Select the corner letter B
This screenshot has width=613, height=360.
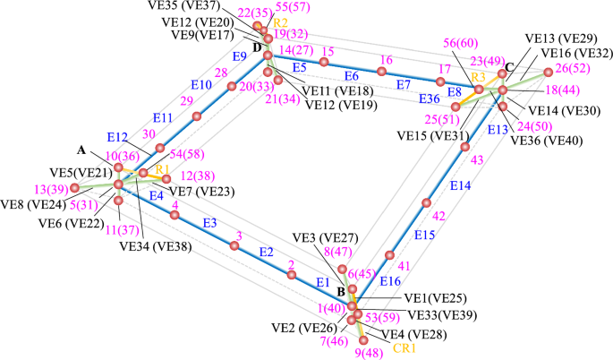[x=341, y=292]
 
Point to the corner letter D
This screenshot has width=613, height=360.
[x=258, y=47]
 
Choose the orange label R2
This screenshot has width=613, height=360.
[x=281, y=21]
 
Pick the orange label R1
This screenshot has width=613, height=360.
[x=162, y=167]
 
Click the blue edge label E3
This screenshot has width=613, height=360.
[x=210, y=222]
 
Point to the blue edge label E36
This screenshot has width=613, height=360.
[x=429, y=99]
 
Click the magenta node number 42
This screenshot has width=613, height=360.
[x=438, y=216]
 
